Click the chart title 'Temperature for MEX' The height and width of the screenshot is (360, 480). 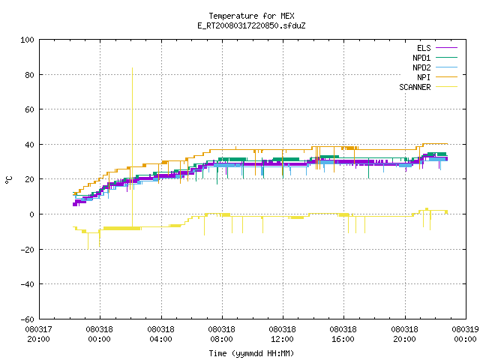coord(251,16)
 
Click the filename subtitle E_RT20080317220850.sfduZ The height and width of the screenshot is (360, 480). coord(251,25)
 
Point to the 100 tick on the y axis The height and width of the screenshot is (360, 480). coord(27,40)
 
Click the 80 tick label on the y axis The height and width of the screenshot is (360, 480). coord(30,75)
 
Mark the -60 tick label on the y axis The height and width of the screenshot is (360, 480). coord(27,319)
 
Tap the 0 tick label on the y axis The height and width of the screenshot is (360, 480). coord(31,214)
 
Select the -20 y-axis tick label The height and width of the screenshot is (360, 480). coord(27,250)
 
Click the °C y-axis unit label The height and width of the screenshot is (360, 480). coord(9,180)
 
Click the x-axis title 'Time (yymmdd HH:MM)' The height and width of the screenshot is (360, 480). coord(251,353)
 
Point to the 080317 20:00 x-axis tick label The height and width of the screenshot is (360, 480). coord(38,334)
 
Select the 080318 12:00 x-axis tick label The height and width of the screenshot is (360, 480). coord(282,334)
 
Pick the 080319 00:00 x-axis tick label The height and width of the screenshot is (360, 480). coord(465,334)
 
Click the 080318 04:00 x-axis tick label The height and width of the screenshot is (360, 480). coord(160,334)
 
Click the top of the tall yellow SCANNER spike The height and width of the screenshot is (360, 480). coord(132,68)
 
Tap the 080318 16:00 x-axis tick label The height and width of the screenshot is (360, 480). coord(343,334)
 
